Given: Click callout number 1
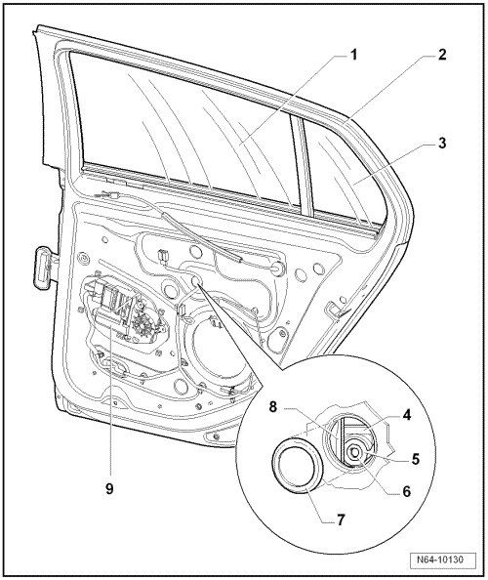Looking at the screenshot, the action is click(x=353, y=55).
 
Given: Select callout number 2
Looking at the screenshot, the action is click(x=442, y=55).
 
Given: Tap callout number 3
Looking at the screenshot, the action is click(x=442, y=144).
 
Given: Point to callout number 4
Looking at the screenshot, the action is click(x=407, y=416).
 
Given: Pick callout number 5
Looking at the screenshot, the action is click(x=416, y=459).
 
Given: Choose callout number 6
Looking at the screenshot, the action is click(x=406, y=491).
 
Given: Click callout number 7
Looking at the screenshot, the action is click(x=341, y=520).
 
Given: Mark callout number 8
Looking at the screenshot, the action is click(x=272, y=407).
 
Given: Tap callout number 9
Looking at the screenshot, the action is click(x=109, y=489).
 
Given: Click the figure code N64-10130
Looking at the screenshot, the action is click(x=442, y=559).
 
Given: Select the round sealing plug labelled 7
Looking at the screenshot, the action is click(x=298, y=465).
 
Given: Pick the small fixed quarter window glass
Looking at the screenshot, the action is click(x=344, y=166).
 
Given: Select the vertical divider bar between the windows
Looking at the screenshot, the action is click(x=304, y=165).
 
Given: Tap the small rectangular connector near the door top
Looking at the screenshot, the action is click(x=162, y=256).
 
